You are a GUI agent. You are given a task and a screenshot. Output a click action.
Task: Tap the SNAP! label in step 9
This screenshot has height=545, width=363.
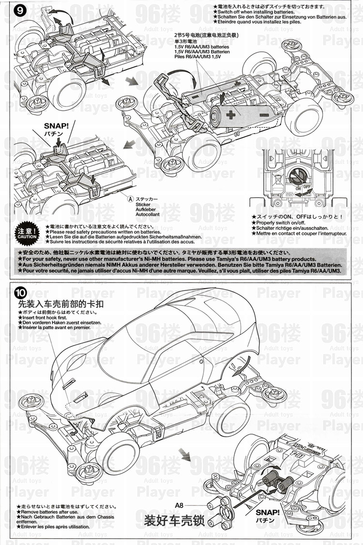(57, 126)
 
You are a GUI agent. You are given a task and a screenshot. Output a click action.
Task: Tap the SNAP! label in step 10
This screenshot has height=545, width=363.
(268, 513)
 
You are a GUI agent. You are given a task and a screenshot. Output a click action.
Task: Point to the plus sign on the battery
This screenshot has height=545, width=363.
(230, 115)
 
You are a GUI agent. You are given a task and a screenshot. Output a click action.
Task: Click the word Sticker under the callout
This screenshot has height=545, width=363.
(144, 204)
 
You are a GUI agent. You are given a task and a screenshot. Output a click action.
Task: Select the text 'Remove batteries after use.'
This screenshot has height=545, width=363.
(49, 512)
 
